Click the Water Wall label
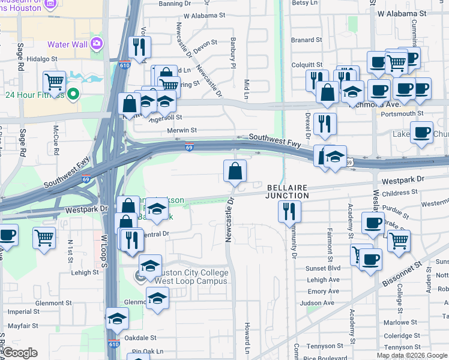tap(68, 44)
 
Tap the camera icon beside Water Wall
tap(96, 43)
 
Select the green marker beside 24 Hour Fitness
tap(73, 94)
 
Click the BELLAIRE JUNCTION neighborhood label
tap(288, 191)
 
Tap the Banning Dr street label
tap(174, 4)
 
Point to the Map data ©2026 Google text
tap(412, 355)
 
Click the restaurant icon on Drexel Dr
tap(325, 124)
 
